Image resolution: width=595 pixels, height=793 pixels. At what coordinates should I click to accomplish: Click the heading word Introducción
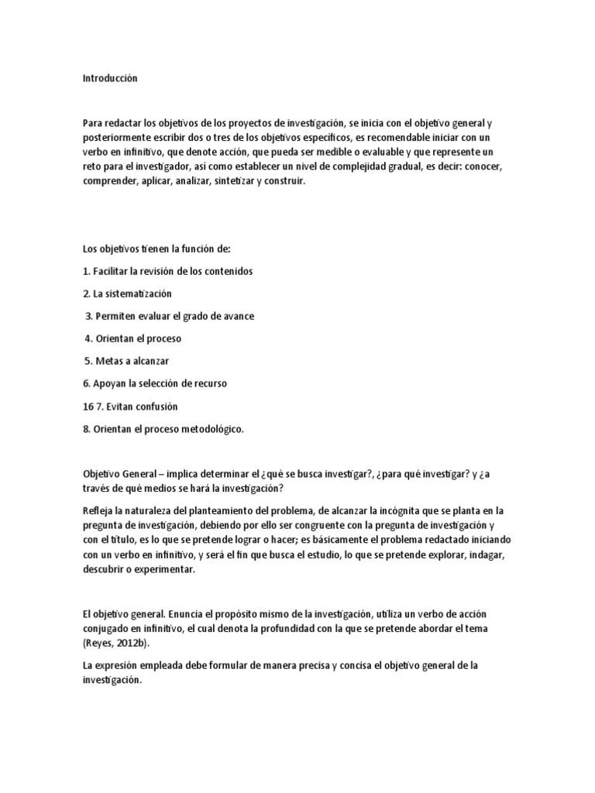(x=109, y=78)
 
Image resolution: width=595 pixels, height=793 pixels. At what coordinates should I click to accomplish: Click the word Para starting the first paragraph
(x=92, y=124)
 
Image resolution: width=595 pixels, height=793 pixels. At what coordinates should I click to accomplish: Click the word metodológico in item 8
(x=212, y=428)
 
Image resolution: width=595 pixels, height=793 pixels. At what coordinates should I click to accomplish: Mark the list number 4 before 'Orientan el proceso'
(x=88, y=338)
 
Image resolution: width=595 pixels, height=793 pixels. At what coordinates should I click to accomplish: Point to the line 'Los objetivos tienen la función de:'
(x=156, y=249)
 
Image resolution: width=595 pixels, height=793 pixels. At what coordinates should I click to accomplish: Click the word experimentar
(x=167, y=569)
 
